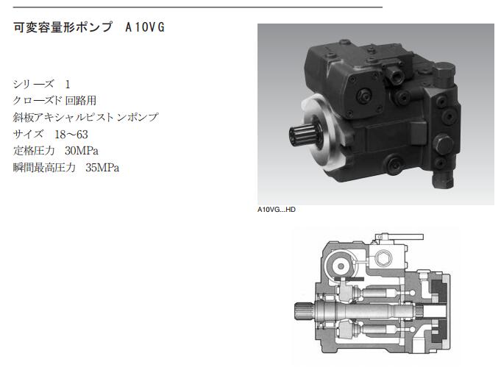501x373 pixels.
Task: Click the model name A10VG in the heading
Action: click(145, 27)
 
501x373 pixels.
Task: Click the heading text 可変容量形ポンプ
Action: click(63, 27)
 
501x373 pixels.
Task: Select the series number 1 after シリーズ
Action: click(68, 85)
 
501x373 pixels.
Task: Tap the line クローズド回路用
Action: click(54, 101)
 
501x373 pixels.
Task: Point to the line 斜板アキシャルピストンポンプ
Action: click(85, 117)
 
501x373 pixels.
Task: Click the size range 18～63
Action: click(71, 134)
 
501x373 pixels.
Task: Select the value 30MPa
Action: click(82, 151)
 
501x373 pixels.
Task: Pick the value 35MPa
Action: click(102, 168)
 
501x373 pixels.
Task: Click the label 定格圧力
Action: click(34, 151)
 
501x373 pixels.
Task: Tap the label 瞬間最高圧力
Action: click(44, 168)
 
